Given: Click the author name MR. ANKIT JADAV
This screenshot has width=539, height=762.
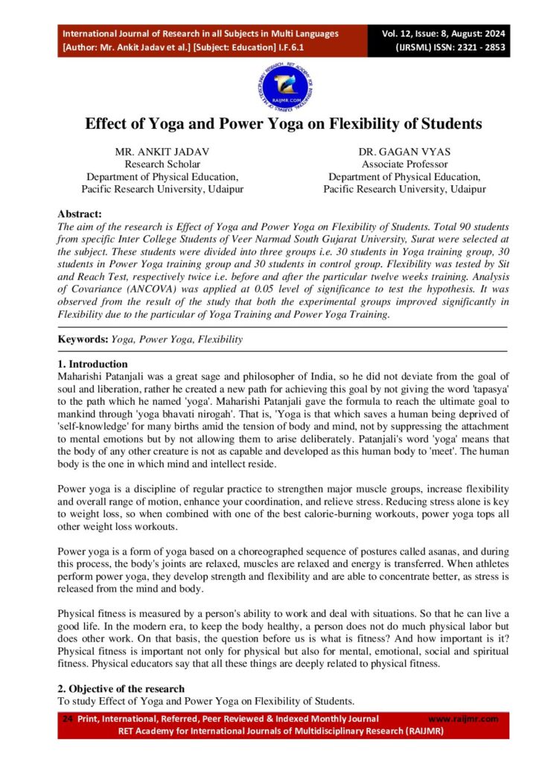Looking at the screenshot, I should [162, 152].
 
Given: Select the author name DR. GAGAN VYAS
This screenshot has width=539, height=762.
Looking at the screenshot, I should [404, 152].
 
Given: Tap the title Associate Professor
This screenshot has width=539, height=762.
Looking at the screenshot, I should [404, 164].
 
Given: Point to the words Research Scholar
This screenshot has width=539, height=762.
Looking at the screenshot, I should [162, 164].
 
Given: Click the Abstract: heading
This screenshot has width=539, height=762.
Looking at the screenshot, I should [80, 214].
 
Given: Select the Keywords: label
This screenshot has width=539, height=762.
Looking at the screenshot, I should [83, 339].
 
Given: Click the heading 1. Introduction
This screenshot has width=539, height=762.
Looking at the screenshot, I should [93, 364].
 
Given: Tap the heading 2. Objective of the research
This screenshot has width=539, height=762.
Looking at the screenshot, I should [121, 688].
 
